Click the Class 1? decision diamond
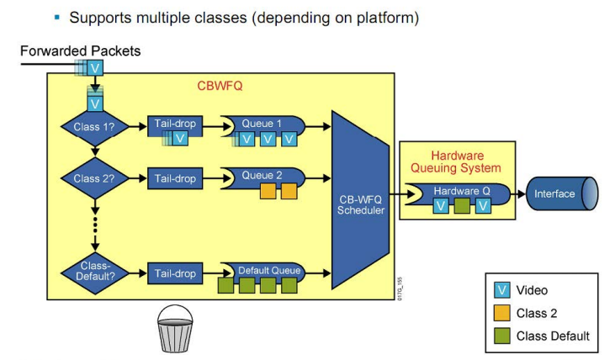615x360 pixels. [95, 127]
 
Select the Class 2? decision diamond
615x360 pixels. [95, 178]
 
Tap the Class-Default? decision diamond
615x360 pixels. [95, 273]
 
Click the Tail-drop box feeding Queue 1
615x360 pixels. [175, 126]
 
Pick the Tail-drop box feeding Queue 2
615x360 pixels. [175, 178]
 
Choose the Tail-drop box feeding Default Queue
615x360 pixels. [175, 273]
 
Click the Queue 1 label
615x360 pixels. [262, 124]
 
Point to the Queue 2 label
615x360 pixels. [262, 175]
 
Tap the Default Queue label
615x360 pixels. [269, 271]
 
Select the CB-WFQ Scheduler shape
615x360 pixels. [360, 200]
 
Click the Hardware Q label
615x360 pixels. [462, 191]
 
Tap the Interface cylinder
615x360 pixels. [562, 193]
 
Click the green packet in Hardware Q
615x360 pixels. [462, 206]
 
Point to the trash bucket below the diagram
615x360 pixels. [175, 329]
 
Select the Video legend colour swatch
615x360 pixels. [502, 290]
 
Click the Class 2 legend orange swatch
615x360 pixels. [502, 313]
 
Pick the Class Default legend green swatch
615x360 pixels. [502, 336]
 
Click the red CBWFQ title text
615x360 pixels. [220, 86]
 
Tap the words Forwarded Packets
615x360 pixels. [81, 51]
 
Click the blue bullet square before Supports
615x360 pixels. [57, 18]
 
